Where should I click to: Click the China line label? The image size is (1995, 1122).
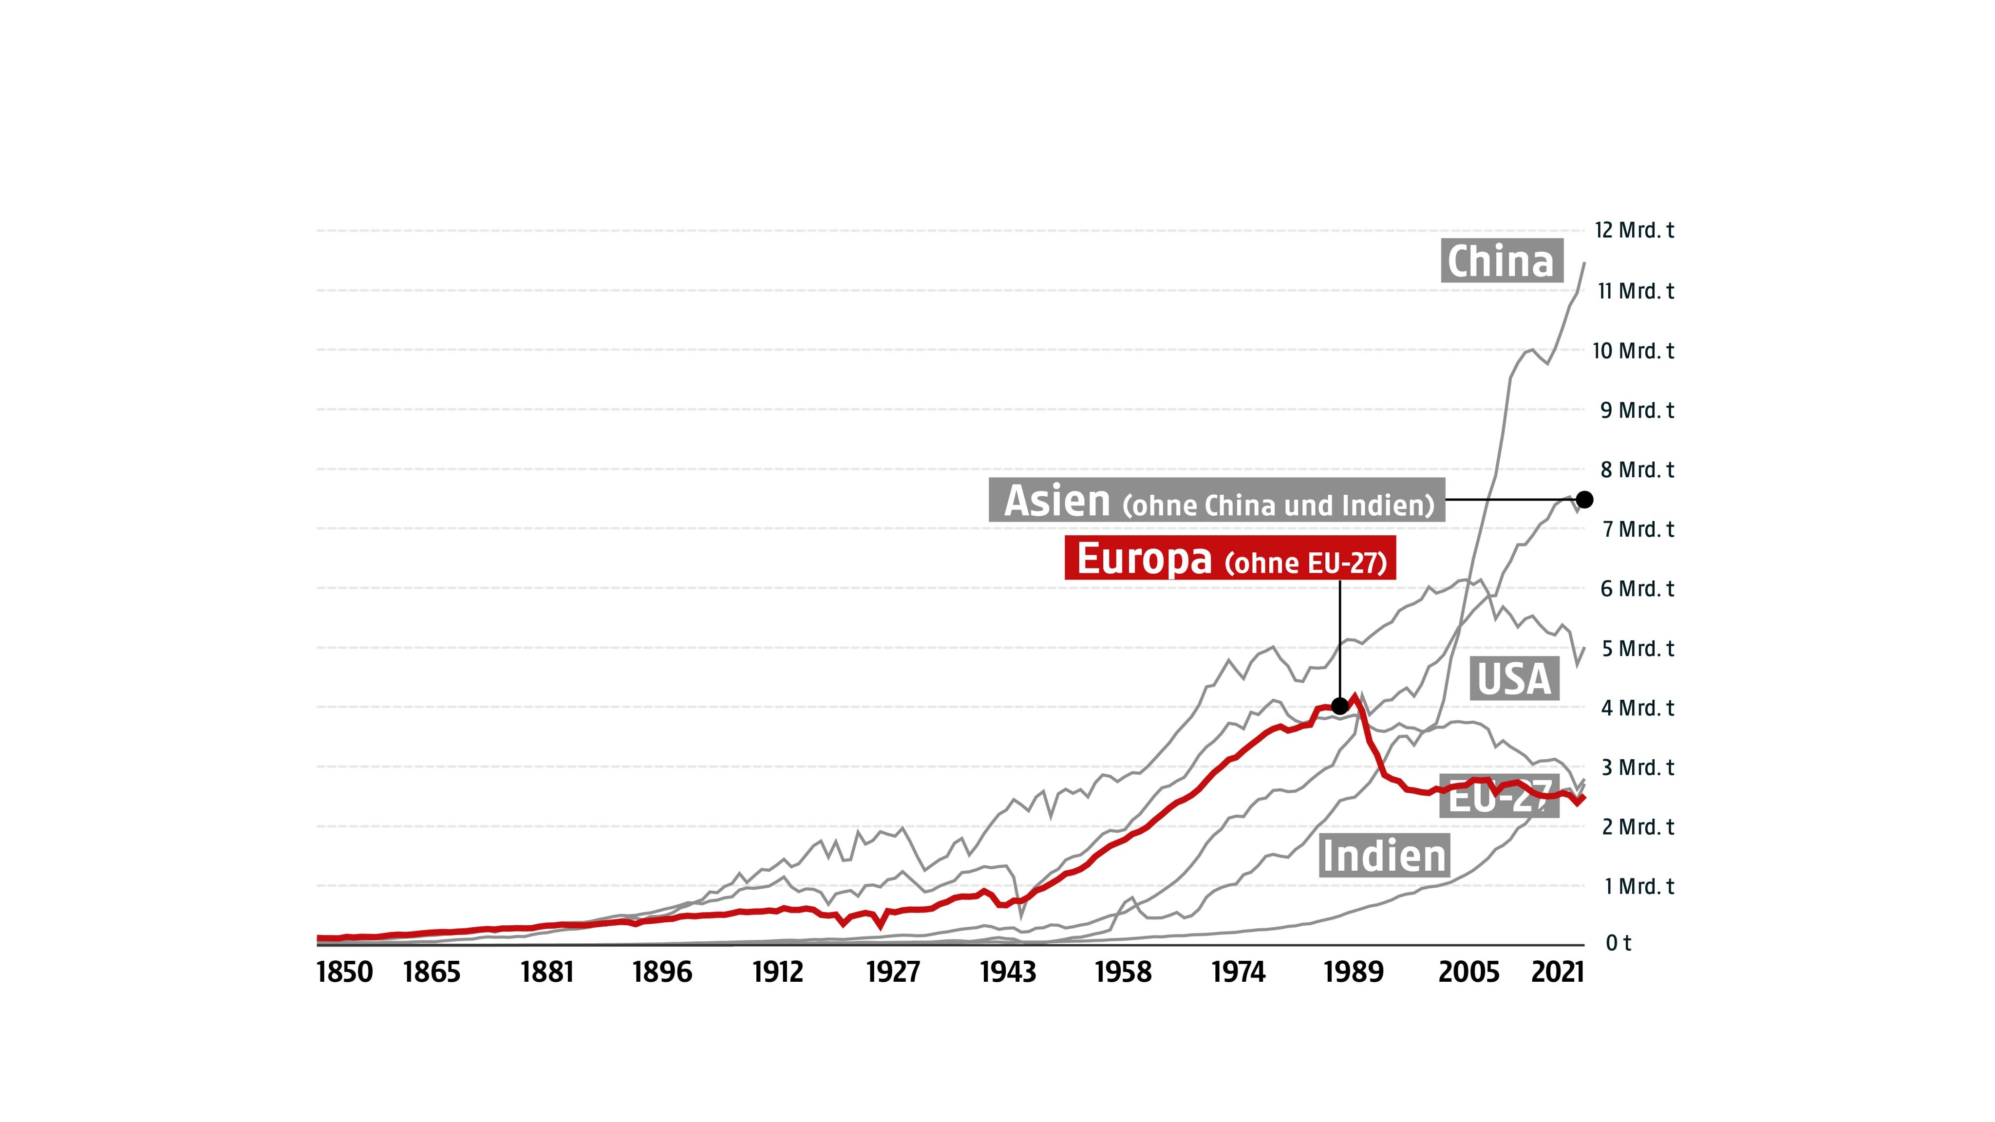point(1501,261)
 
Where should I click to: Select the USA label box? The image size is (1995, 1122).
point(1514,679)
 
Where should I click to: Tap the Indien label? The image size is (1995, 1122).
point(1384,856)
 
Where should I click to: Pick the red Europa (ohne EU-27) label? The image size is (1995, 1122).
point(1230,558)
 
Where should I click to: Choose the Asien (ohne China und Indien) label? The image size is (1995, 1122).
point(1217,500)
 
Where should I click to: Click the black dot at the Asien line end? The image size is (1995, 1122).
point(1584,500)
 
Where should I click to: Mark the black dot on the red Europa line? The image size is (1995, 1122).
point(1340,706)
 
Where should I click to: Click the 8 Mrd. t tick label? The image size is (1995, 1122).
point(1637,469)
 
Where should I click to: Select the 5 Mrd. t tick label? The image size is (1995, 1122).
point(1637,648)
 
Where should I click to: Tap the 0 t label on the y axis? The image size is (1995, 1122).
point(1618,942)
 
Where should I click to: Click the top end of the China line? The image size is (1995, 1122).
point(1584,263)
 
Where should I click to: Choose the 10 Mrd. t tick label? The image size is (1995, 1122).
point(1633,351)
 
